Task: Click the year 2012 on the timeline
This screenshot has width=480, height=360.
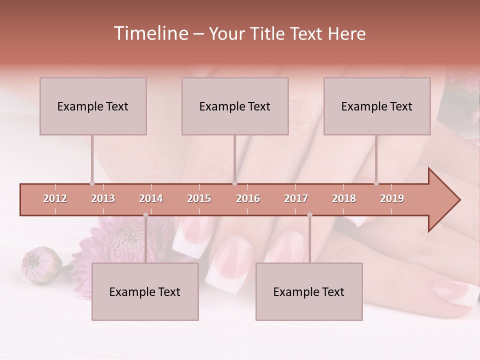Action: (55, 198)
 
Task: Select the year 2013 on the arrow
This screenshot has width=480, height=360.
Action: (103, 198)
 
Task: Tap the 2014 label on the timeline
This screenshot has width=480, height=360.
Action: (151, 198)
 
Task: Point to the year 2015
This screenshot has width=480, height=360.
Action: (199, 198)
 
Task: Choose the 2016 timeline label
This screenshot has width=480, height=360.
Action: (248, 198)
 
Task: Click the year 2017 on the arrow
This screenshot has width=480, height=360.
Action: (296, 198)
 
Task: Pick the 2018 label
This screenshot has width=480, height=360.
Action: (344, 198)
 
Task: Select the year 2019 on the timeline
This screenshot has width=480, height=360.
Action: (392, 198)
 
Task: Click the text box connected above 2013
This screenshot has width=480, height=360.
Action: (93, 106)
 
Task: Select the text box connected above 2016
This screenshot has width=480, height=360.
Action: (235, 106)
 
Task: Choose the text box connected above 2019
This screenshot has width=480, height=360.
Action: (377, 106)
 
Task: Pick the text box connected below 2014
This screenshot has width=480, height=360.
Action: (145, 291)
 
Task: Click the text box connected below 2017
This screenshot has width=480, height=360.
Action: (309, 291)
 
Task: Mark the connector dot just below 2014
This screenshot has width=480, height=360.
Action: (145, 215)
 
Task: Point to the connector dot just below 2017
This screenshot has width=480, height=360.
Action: (309, 215)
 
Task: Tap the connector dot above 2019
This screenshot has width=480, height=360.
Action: (376, 183)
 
